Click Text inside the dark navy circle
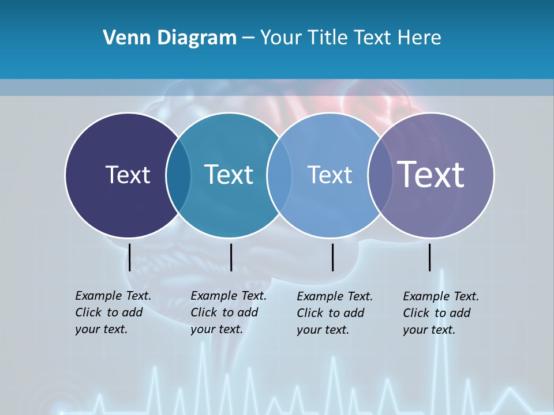tap(128, 175)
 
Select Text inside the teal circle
tap(229, 175)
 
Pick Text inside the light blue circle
tap(330, 175)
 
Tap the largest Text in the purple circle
tap(431, 175)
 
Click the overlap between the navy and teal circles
tap(178, 175)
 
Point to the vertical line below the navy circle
tap(130, 257)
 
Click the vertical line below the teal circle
tap(231, 257)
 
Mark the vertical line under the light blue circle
tap(333, 257)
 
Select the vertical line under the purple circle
tap(429, 257)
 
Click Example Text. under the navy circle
tap(113, 296)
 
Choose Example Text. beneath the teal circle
tap(229, 296)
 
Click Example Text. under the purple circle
tap(441, 297)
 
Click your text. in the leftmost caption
tap(101, 330)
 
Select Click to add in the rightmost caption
tap(437, 313)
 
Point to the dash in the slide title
tap(248, 39)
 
